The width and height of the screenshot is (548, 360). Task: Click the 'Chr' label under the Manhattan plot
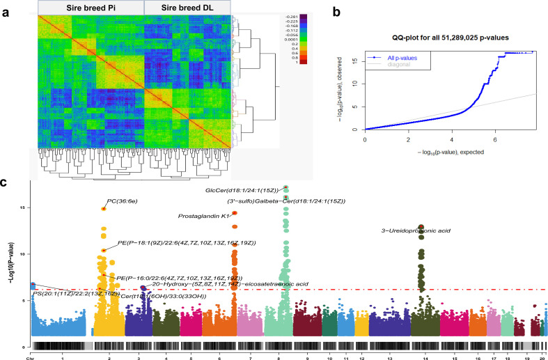[x=30, y=356]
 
